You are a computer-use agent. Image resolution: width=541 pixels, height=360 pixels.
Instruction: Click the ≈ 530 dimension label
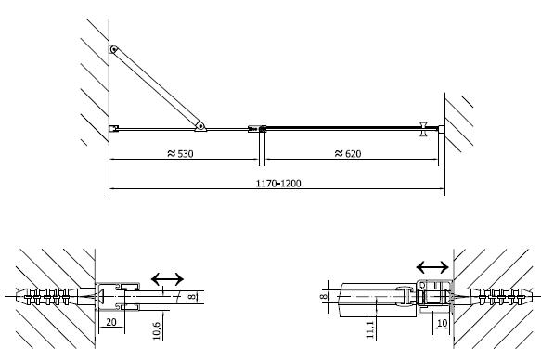(180, 153)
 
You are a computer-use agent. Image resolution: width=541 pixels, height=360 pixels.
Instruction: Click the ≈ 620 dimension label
(348, 153)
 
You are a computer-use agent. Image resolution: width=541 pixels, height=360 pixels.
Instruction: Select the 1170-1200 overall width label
(278, 183)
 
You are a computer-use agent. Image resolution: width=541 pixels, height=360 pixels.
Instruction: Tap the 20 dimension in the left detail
(111, 322)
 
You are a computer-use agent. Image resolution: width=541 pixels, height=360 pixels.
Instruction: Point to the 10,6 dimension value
(156, 330)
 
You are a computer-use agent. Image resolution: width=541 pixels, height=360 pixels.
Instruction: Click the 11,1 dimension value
(370, 329)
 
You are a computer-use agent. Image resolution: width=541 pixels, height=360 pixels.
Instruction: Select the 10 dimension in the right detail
(442, 323)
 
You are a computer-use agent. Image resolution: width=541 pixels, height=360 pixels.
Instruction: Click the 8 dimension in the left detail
(192, 296)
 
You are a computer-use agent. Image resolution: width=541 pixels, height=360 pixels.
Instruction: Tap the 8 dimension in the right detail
(323, 296)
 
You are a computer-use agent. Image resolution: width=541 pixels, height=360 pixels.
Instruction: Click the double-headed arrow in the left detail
(167, 279)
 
